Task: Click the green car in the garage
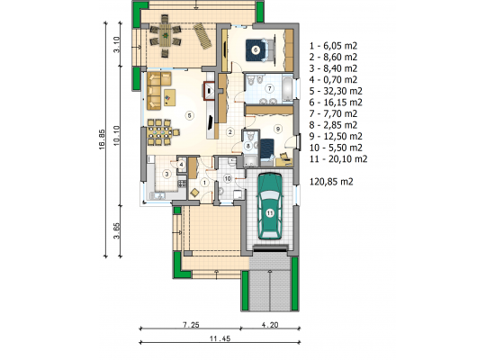click(270, 206)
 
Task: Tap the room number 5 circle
click(189, 115)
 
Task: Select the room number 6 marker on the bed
click(256, 49)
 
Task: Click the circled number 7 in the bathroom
click(269, 88)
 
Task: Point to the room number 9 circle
click(278, 129)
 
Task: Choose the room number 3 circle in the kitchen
click(166, 174)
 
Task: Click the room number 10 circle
click(228, 179)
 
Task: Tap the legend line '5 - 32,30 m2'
click(336, 91)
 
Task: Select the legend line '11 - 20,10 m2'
click(338, 158)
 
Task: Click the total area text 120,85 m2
click(331, 182)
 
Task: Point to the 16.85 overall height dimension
click(102, 139)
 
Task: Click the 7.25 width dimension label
click(191, 325)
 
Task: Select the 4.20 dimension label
click(270, 325)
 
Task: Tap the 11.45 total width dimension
click(220, 338)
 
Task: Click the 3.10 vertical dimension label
click(116, 44)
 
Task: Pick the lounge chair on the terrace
click(202, 36)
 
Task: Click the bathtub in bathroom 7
click(288, 88)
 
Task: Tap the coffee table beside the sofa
click(169, 97)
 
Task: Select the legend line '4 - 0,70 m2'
click(333, 79)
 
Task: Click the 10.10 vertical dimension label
click(116, 136)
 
